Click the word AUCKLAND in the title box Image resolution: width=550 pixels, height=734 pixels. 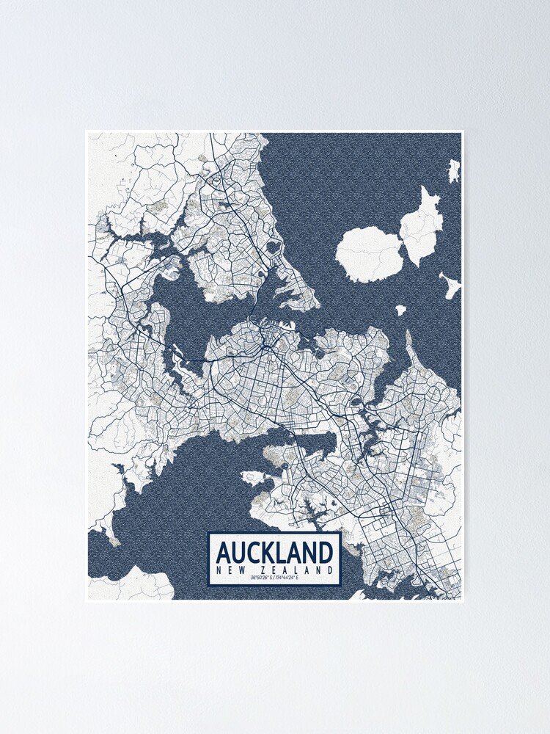274,551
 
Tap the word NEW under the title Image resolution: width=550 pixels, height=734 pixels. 230,570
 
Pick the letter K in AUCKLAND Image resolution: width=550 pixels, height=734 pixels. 267,551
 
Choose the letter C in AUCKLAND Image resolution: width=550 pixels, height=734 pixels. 251,551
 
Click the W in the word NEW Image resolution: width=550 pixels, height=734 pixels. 242,570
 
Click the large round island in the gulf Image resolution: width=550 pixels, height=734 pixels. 368,253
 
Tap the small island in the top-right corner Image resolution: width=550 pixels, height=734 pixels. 454,172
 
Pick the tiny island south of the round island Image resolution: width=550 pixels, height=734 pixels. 400,310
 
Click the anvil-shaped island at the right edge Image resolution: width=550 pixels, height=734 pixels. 450,284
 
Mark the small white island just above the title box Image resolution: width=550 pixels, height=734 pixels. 252,478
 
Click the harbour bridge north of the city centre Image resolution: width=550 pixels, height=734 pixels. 254,321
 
